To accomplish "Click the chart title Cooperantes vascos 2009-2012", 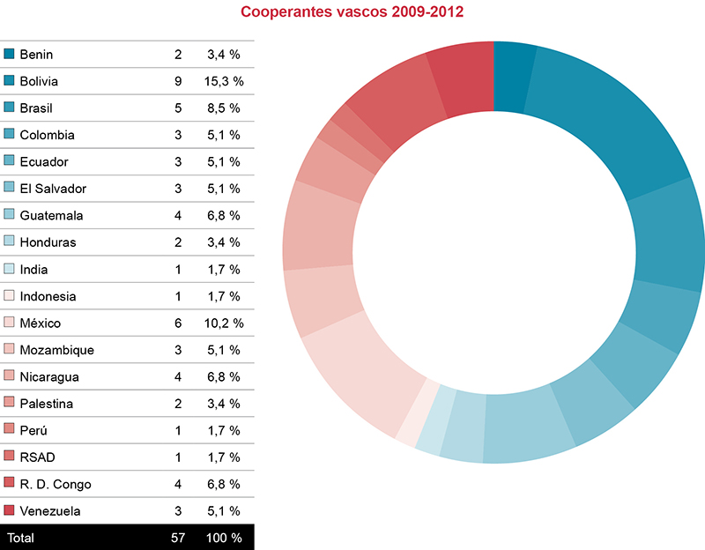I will point(352,13).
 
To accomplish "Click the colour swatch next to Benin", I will point(10,55).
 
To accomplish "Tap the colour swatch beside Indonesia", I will point(10,297).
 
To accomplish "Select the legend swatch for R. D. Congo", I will point(10,484).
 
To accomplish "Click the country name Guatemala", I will point(52,216).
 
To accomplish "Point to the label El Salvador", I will point(53,189).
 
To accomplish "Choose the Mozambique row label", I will point(56,351).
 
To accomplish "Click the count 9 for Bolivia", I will point(178,81).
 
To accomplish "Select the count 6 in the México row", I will point(178,323).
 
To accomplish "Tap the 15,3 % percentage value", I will point(226,81).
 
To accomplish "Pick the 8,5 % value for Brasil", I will point(224,108).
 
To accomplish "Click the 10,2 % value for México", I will point(226,323).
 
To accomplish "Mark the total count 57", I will point(178,537).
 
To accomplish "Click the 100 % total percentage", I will point(224,537).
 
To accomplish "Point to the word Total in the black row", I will point(21,537).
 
